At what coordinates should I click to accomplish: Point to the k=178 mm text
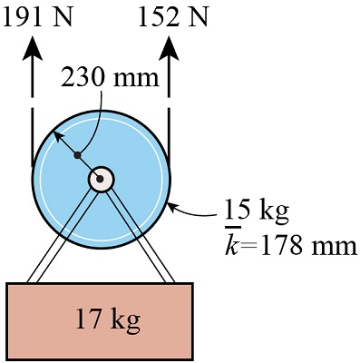(x=290, y=246)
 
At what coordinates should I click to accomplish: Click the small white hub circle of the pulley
(x=101, y=180)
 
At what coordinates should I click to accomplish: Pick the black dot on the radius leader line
(x=78, y=155)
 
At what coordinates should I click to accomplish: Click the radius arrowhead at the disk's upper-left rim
(x=54, y=134)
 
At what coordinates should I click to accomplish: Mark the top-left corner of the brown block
(x=7, y=284)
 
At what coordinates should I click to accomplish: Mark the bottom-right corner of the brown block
(x=193, y=358)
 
